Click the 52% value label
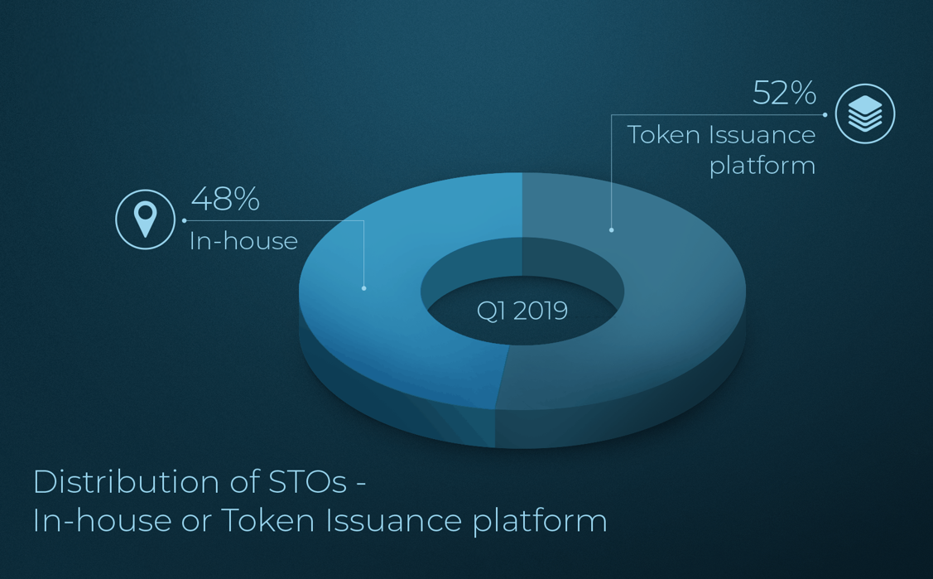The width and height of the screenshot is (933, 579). [x=784, y=93]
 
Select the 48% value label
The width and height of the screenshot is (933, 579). [x=225, y=199]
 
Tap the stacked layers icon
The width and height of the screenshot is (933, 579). [x=865, y=113]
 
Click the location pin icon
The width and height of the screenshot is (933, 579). [x=145, y=220]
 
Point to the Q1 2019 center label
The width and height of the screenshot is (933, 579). [x=522, y=311]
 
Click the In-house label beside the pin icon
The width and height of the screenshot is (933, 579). [x=243, y=241]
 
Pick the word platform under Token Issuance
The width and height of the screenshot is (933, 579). [x=762, y=166]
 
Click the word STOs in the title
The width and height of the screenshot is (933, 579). [x=308, y=481]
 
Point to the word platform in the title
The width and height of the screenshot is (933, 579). [x=540, y=522]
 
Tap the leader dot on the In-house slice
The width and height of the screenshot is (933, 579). [x=364, y=288]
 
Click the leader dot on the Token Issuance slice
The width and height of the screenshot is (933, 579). [x=611, y=229]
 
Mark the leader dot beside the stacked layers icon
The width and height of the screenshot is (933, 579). [x=825, y=115]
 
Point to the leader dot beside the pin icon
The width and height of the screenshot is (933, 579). [x=185, y=221]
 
